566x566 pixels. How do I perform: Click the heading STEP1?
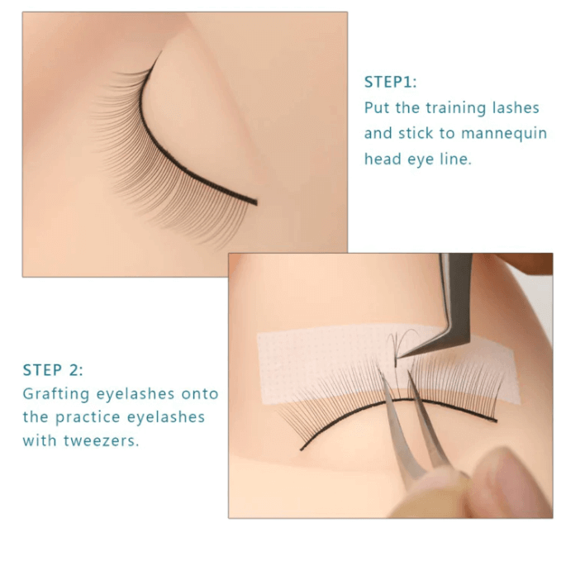(391, 82)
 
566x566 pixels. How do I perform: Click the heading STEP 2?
(53, 369)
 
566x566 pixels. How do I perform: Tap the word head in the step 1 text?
(382, 159)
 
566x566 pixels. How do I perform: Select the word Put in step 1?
(378, 108)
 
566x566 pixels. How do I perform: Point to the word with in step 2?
(39, 440)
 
